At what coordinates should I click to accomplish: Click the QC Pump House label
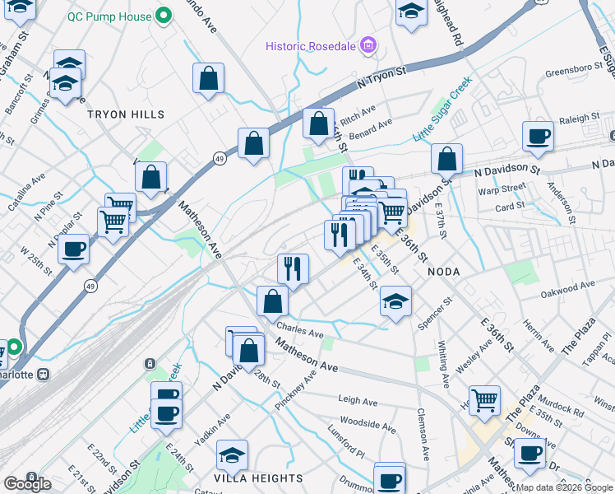109,16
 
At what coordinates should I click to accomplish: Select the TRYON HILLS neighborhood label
127,114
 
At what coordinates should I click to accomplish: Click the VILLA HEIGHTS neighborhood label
260,478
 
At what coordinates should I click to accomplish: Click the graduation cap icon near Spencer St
396,301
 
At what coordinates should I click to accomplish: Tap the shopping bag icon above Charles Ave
272,301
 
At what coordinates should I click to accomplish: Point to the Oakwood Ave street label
566,284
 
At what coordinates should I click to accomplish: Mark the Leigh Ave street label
358,400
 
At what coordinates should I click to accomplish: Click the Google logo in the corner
27,484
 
